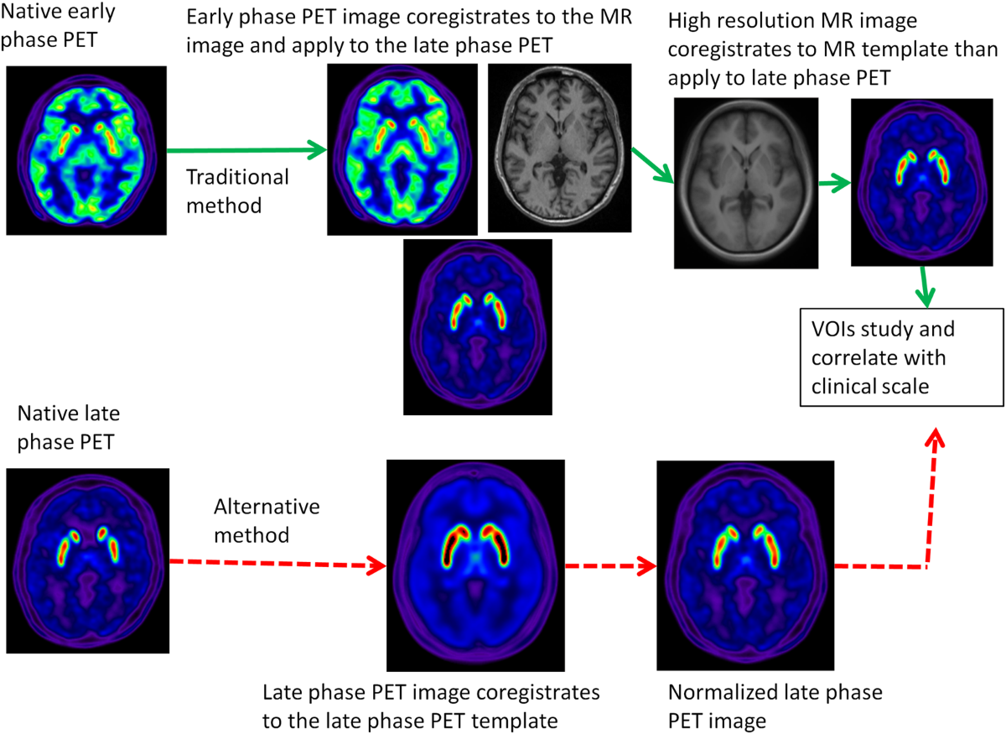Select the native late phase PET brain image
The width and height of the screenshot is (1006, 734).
87,551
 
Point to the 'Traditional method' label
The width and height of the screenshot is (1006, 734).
237,190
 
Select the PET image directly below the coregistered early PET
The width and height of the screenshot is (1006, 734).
477,327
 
